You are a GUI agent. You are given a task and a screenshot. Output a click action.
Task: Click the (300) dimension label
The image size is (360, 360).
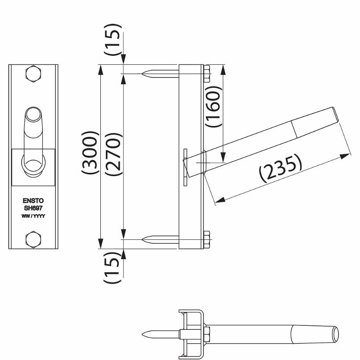pyautogui.click(x=90, y=153)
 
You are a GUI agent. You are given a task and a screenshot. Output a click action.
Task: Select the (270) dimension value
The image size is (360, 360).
pyautogui.click(x=113, y=154)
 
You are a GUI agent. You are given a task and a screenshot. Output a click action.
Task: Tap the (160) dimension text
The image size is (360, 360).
pyautogui.click(x=213, y=107)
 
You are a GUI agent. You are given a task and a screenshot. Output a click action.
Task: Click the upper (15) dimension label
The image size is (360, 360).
pyautogui.click(x=112, y=39)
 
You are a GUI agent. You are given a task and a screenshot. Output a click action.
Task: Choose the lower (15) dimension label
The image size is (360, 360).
pyautogui.click(x=112, y=268)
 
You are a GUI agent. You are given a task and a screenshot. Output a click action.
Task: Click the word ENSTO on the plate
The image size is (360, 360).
pyautogui.click(x=33, y=201)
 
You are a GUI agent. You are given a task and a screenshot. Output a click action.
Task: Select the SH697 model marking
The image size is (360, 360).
pyautogui.click(x=33, y=208)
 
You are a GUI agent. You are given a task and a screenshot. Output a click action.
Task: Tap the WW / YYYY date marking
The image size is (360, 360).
pyautogui.click(x=33, y=216)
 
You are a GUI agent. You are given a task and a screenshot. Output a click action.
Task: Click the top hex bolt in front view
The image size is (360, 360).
pyautogui.click(x=33, y=74)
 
